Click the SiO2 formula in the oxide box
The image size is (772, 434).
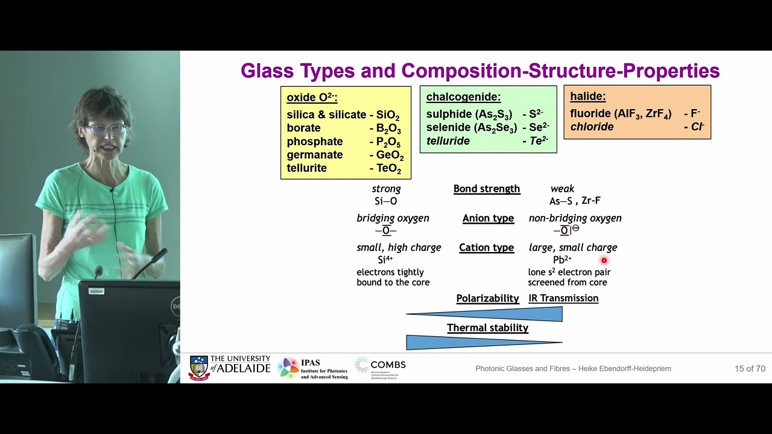[x=387, y=115]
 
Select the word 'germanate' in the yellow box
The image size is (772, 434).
[x=314, y=155]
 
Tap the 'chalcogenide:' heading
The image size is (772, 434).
[x=463, y=97]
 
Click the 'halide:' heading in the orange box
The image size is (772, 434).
[x=587, y=96]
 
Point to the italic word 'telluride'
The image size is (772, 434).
[x=448, y=141]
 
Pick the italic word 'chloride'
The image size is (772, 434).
[x=592, y=127]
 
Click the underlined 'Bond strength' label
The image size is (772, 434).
[x=486, y=189]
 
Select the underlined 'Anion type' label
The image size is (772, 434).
[x=488, y=218]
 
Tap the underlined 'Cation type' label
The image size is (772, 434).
[x=486, y=248]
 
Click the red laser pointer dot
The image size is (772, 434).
[x=604, y=260]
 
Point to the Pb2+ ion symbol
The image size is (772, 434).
[x=562, y=260]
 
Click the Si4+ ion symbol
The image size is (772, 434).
[x=385, y=260]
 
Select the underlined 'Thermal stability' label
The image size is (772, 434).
[x=487, y=328]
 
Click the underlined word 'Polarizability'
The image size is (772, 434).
[x=487, y=298]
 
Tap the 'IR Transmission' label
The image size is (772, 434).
[x=563, y=298]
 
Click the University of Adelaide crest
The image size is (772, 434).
[x=199, y=368]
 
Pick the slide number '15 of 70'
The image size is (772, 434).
[x=750, y=368]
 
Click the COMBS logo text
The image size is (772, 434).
[x=388, y=365]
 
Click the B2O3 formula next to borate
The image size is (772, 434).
[x=388, y=128]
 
